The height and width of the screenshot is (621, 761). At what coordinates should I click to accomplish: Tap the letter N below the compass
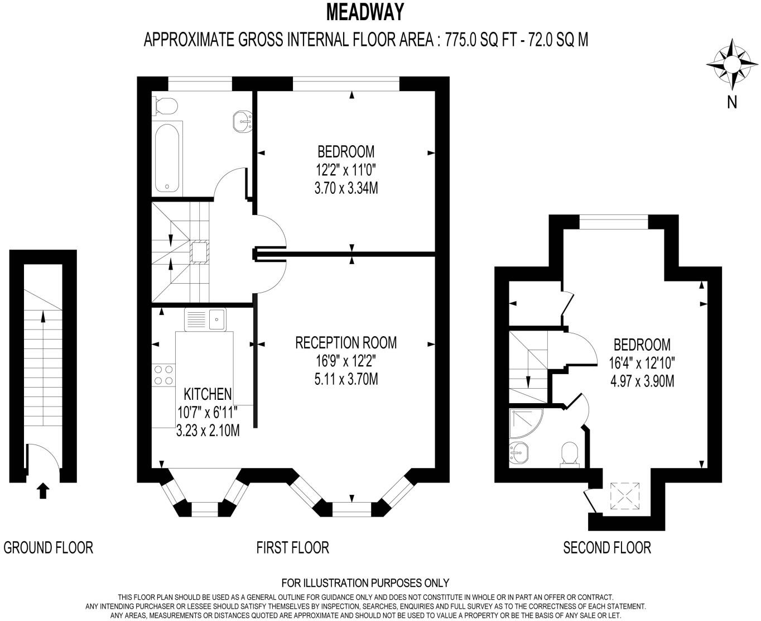pyautogui.click(x=732, y=102)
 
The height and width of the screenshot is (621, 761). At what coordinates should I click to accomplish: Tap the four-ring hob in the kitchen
pyautogui.click(x=163, y=375)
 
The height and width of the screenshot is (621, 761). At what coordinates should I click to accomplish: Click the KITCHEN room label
pyautogui.click(x=208, y=394)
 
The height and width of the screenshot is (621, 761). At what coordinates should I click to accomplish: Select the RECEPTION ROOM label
pyautogui.click(x=346, y=342)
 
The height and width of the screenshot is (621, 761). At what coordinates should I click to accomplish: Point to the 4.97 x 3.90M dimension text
pyautogui.click(x=642, y=381)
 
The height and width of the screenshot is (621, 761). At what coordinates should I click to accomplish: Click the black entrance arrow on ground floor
pyautogui.click(x=43, y=491)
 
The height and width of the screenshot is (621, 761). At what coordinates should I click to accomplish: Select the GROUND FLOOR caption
pyautogui.click(x=49, y=547)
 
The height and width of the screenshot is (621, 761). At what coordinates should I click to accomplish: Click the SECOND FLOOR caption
pyautogui.click(x=607, y=547)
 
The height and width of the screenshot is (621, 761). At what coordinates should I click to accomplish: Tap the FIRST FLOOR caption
pyautogui.click(x=293, y=547)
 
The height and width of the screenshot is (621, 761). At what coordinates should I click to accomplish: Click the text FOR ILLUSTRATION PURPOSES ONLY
pyautogui.click(x=365, y=583)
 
